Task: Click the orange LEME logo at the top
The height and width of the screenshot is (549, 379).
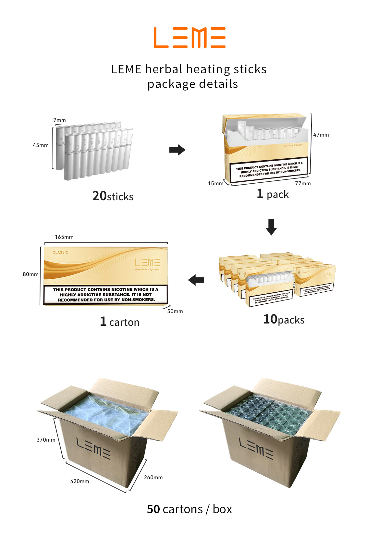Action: pos(189,38)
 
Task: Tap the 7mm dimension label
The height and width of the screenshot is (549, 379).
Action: pos(59,120)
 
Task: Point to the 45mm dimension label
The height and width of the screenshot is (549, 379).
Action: pos(41,145)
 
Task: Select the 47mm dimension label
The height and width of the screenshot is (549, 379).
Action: pos(321,135)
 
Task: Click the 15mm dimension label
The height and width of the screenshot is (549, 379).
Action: pos(215,183)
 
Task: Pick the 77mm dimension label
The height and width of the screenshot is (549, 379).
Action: pos(303,183)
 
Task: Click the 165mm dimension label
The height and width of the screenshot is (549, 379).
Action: pos(64,237)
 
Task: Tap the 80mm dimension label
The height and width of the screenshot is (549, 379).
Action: pos(31,274)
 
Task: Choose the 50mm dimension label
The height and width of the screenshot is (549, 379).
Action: pos(175,311)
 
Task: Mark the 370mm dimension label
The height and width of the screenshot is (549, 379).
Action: pos(46,440)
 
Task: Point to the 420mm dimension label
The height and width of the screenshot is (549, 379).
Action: pos(79,481)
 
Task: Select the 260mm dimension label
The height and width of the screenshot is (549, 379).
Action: pos(153,477)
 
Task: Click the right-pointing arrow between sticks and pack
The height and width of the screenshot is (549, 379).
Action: pos(177,150)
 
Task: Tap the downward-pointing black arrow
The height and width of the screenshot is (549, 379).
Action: pos(271,227)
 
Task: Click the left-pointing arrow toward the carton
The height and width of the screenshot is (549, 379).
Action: pos(196,280)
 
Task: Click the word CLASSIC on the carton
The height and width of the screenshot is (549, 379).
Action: pos(60,252)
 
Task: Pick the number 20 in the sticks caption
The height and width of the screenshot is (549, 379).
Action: pos(99,196)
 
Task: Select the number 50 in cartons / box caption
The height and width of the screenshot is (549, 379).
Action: pos(153,509)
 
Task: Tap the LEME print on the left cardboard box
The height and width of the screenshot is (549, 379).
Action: pos(93,448)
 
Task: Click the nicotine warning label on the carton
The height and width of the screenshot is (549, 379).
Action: pos(105,295)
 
